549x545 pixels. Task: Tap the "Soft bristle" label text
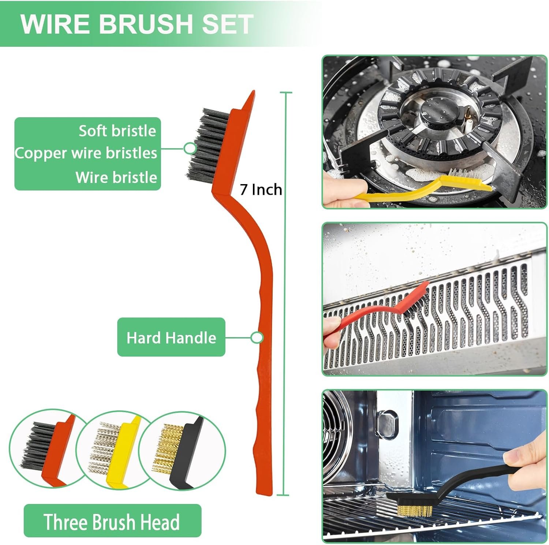point(117,131)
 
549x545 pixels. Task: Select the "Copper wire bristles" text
point(86,153)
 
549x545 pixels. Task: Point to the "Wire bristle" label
point(116,178)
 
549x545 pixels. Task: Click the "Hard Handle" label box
point(171,337)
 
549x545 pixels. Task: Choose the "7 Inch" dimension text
point(261,190)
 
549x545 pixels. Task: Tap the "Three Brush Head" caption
point(112,522)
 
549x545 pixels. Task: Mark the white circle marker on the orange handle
point(257,337)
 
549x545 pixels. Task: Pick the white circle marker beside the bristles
point(190,148)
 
